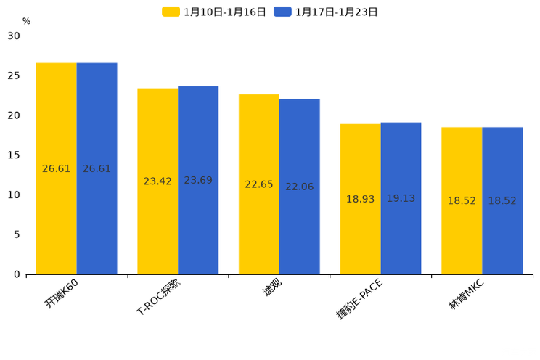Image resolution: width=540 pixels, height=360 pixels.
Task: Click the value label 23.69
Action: (x=198, y=180)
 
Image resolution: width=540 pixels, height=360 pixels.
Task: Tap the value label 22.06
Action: (x=300, y=187)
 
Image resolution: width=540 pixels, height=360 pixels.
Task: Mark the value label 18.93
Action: (x=360, y=199)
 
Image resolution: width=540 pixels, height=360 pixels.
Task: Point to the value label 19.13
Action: (x=401, y=198)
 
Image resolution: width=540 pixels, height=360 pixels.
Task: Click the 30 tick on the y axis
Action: (x=14, y=36)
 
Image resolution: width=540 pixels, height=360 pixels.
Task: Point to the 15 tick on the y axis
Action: (x=14, y=155)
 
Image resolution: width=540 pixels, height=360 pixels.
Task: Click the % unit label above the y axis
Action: (x=26, y=22)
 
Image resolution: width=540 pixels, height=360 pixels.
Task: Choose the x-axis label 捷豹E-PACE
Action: (x=359, y=298)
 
